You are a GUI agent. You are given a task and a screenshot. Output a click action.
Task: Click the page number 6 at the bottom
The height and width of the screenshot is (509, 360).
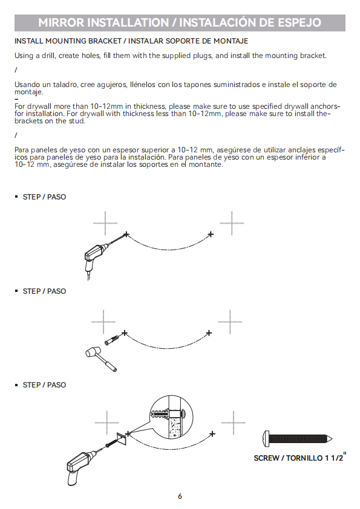(180, 496)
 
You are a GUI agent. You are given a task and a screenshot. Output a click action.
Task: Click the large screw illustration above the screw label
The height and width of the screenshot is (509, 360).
(297, 439)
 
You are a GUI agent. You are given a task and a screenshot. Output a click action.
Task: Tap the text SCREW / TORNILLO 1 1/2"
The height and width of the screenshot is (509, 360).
(300, 457)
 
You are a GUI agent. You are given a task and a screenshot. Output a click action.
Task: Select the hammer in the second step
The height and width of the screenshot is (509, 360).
(100, 359)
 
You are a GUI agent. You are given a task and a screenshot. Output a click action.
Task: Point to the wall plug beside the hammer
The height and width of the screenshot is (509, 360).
(112, 339)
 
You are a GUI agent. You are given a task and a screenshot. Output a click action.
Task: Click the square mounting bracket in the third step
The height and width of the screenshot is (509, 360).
(122, 440)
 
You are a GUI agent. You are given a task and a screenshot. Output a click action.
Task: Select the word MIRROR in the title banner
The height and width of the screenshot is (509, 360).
(61, 22)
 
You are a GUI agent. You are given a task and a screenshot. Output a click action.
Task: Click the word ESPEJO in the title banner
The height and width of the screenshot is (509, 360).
(299, 22)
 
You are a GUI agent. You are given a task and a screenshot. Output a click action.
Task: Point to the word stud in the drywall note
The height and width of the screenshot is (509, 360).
(77, 121)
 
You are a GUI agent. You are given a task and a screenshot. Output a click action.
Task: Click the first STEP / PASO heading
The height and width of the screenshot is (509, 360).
(44, 197)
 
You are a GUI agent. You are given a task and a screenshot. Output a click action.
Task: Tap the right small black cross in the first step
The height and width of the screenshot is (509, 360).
(211, 234)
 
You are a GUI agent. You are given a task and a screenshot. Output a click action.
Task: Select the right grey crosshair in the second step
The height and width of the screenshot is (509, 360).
(230, 322)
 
